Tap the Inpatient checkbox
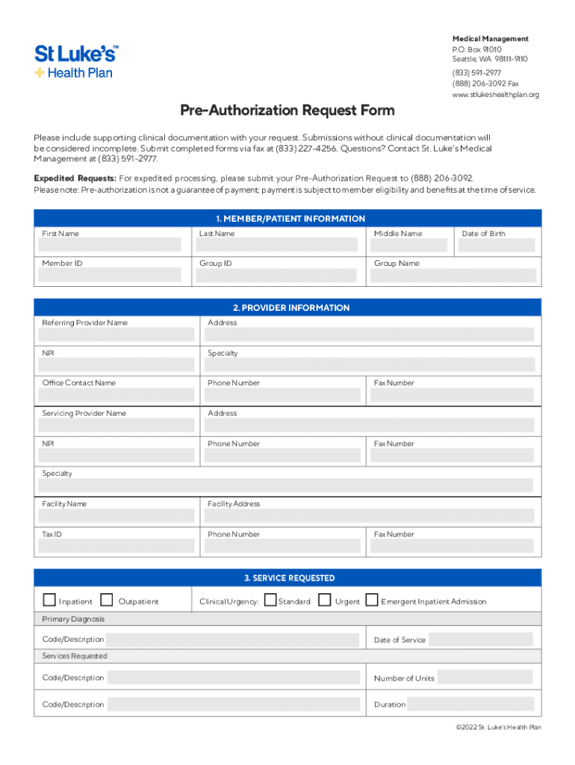tap(49, 600)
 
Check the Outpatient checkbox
tap(107, 600)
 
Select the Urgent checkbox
tap(325, 600)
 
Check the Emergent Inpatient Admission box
tap(371, 600)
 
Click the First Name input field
tap(110, 245)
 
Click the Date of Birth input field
tap(497, 245)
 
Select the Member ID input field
tap(110, 275)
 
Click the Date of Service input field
tap(480, 640)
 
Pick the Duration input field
tap(470, 704)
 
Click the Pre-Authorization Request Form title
tap(287, 111)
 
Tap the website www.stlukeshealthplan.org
tap(495, 95)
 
